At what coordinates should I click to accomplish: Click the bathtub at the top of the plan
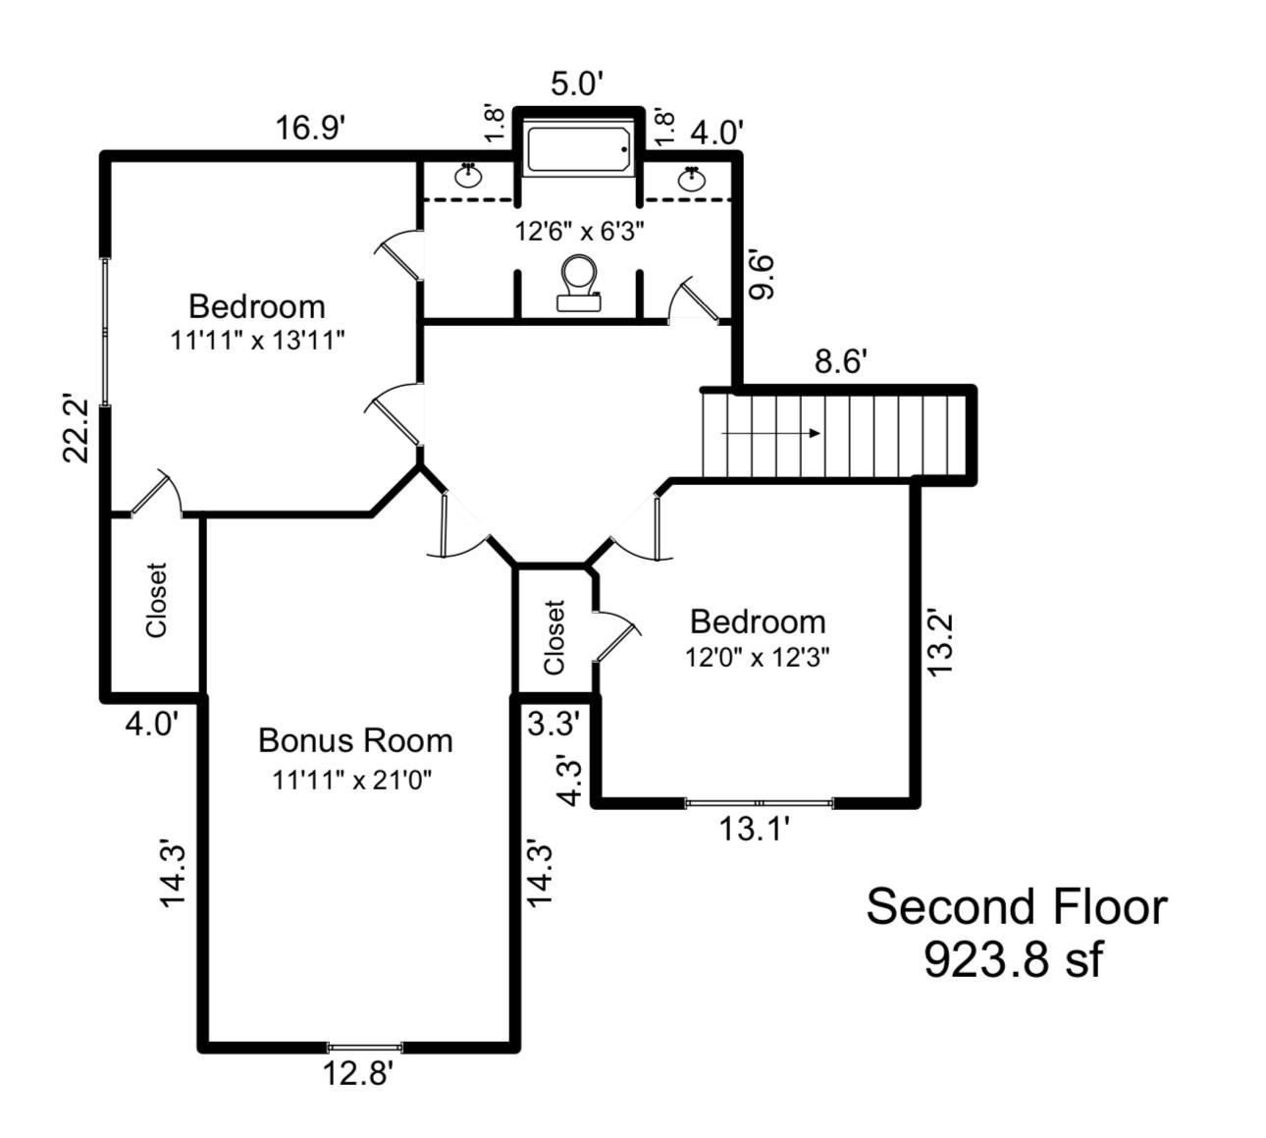[578, 150]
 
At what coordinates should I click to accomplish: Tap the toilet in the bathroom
[579, 283]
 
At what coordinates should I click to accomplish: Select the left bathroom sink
[469, 177]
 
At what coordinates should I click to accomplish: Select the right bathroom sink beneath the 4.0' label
[692, 179]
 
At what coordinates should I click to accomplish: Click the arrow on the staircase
[771, 433]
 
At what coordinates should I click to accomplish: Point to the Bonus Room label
[355, 740]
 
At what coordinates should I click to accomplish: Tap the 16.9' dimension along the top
[309, 128]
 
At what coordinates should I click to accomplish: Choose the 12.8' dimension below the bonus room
[358, 1074]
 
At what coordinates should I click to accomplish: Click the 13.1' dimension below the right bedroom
[755, 830]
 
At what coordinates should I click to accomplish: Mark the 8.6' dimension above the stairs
[840, 361]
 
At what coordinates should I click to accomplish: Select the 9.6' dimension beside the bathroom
[763, 276]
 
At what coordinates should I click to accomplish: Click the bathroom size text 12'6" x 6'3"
[579, 232]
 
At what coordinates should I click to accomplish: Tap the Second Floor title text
[1016, 906]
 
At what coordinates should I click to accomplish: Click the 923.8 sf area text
[1013, 959]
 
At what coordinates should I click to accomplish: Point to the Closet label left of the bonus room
[157, 600]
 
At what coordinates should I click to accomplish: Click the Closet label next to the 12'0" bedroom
[554, 637]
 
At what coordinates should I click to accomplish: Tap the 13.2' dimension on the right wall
[941, 643]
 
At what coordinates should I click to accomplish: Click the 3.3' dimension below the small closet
[554, 725]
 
